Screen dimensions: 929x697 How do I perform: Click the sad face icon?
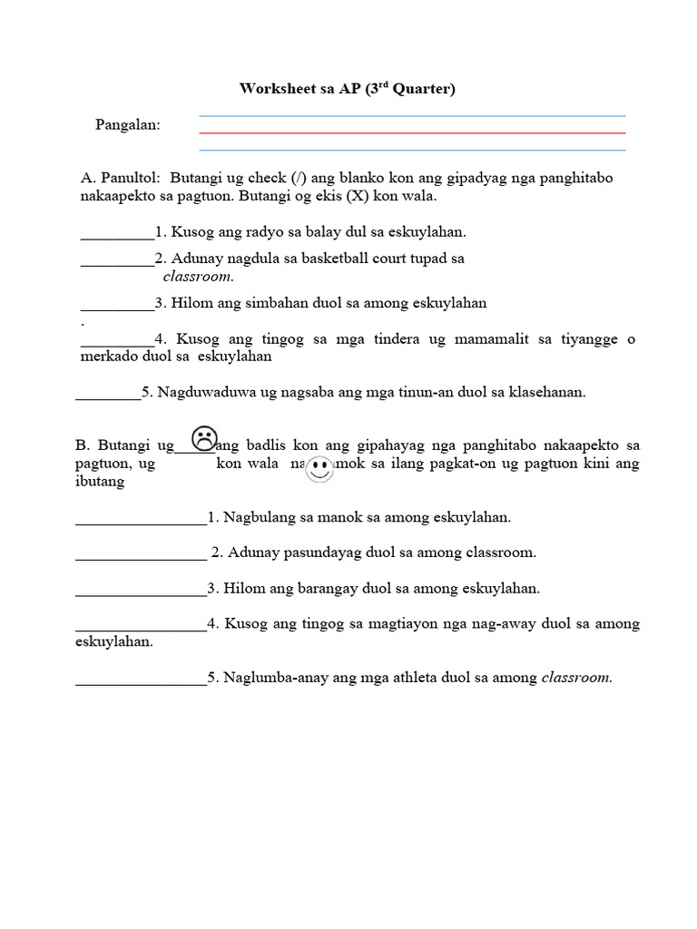[x=204, y=439]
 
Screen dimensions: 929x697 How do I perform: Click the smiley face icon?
[x=319, y=469]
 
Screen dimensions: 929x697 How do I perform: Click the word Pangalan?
[x=128, y=125]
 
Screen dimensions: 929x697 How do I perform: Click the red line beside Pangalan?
[x=412, y=133]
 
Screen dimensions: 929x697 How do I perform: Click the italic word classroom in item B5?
[x=576, y=678]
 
